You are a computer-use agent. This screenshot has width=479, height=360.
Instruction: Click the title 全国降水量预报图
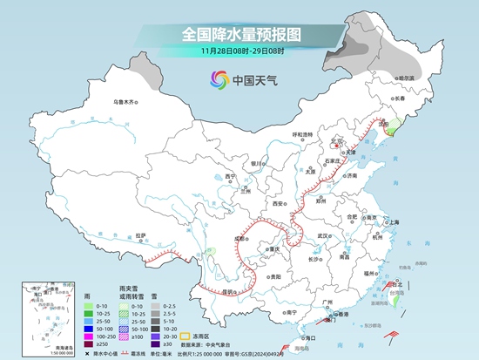(x=240, y=34)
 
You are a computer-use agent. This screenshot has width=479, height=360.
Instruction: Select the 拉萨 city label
(x=141, y=234)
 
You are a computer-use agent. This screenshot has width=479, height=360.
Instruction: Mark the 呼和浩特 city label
(x=302, y=134)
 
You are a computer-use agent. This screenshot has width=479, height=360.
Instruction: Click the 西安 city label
(x=278, y=203)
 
